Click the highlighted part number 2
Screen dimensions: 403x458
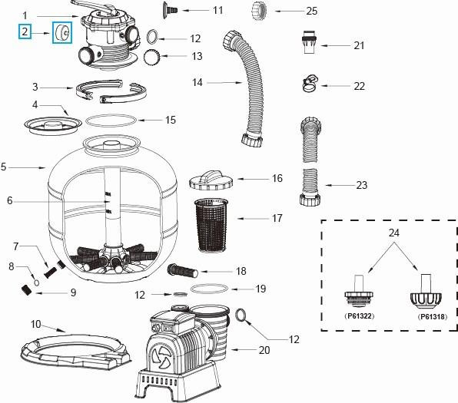point(25,31)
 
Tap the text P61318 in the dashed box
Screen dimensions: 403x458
point(432,315)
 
